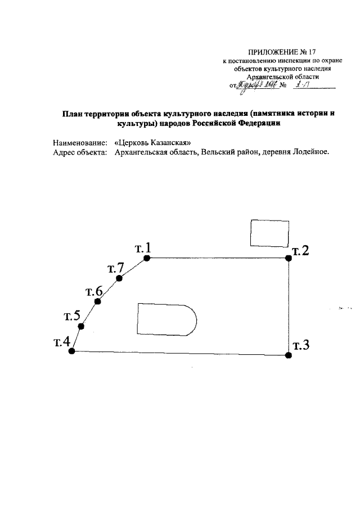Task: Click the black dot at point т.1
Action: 146,258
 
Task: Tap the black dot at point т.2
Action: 289,258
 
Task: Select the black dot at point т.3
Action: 289,355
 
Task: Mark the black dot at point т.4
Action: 71,351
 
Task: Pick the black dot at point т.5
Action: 81,326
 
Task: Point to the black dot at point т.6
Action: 98,302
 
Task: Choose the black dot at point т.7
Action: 119,278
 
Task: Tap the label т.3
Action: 301,345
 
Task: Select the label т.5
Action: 73,315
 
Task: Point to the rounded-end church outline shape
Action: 166,321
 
